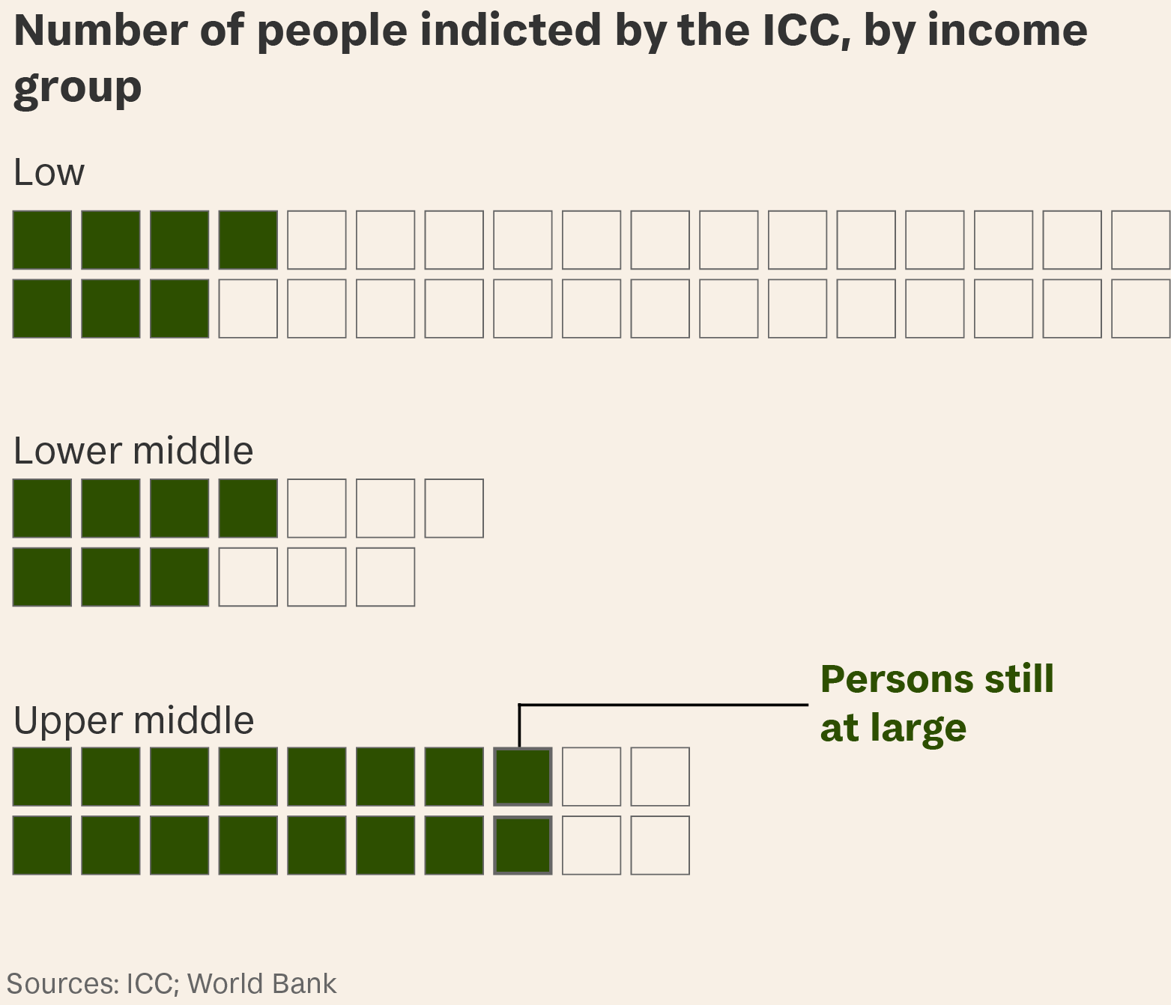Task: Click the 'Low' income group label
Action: click(49, 173)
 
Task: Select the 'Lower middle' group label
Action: click(133, 451)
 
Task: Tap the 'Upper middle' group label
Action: click(133, 720)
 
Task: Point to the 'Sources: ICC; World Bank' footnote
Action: click(172, 983)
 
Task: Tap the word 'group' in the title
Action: click(77, 87)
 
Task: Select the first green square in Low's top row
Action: click(43, 240)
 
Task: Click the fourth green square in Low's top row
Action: click(248, 240)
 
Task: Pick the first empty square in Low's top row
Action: click(317, 240)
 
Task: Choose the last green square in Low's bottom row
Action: click(180, 309)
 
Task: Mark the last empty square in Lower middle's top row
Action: click(454, 508)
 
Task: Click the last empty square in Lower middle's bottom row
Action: click(385, 577)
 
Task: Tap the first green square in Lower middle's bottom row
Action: click(43, 577)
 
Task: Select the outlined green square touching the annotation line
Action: click(523, 777)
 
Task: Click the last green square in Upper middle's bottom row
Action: click(523, 845)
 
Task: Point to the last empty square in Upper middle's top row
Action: click(660, 777)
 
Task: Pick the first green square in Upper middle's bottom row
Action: click(43, 845)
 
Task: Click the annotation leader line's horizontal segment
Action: click(663, 705)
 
